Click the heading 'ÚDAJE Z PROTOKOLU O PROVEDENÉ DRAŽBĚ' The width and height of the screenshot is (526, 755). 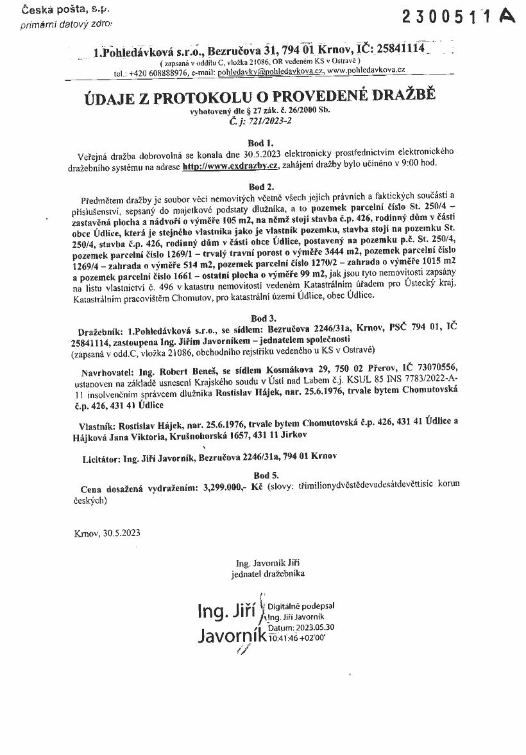[260, 97]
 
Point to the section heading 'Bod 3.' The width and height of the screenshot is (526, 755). [263, 318]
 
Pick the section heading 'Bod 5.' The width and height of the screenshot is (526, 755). [263, 475]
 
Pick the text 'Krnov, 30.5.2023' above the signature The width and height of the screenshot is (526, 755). [107, 533]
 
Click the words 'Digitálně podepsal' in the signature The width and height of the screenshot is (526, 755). [301, 605]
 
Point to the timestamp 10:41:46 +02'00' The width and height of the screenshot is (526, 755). [298, 638]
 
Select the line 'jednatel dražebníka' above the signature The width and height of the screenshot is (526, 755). [268, 573]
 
